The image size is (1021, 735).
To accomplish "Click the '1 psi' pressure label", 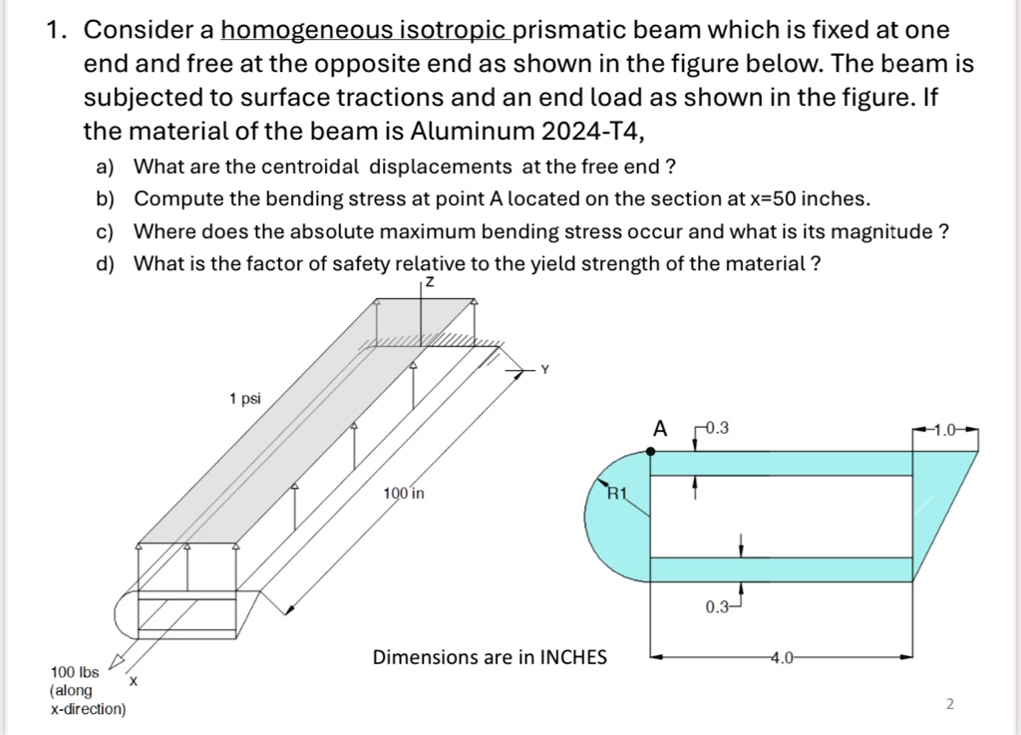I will coord(244,399).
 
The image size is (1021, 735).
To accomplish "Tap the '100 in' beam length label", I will coord(404,494).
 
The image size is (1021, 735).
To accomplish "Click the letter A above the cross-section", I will coord(658,429).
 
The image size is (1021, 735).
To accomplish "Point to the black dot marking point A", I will coord(650,451).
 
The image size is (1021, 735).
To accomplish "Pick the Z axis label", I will coord(429,283).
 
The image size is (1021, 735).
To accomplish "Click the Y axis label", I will coord(544,371).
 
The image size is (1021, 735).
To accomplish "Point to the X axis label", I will coord(132,680).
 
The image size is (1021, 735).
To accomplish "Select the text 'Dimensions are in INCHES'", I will coord(489,657).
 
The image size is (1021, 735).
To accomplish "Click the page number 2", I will coord(948,705).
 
